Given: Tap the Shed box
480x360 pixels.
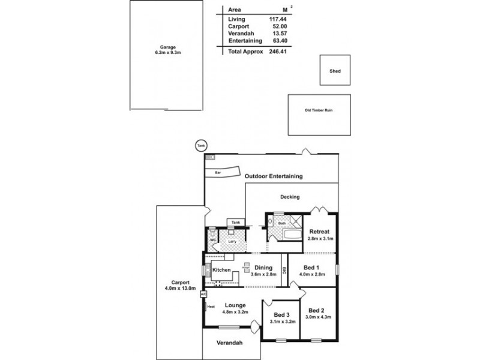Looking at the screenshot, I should point(335,71).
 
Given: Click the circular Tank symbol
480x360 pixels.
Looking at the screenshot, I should point(199,145).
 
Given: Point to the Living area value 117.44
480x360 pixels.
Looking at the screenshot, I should point(274,19).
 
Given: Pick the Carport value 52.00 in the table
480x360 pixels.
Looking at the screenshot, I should point(276,27).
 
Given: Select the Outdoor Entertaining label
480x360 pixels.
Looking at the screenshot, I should point(274,176).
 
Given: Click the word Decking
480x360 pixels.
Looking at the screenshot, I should point(290,196).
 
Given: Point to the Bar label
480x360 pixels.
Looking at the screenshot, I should point(210,172).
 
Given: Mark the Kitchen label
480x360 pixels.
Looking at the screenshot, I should point(221,271).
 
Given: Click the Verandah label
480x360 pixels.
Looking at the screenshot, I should point(230,343).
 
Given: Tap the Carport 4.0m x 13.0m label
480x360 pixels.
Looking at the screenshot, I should point(180,286).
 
